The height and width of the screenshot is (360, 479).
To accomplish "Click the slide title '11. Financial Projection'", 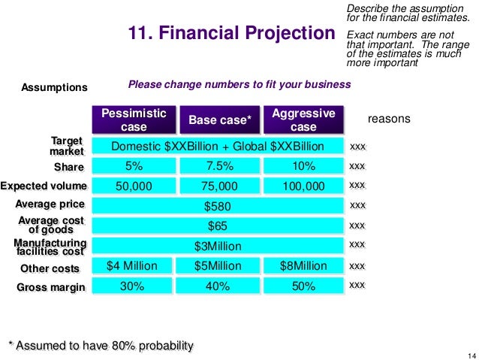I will (232, 33).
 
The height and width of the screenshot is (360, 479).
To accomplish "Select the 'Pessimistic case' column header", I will (134, 119).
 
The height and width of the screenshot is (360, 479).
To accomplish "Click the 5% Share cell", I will (134, 165).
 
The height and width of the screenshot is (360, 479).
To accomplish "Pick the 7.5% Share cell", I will (218, 165).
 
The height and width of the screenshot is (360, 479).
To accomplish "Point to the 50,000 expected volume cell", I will (134, 186).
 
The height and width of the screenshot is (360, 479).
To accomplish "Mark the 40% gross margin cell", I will (218, 286).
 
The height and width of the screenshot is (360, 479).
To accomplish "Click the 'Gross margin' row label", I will (51, 286).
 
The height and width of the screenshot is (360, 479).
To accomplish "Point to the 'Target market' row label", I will (67, 146).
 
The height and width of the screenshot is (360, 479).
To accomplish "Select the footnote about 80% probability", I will (100, 345).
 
